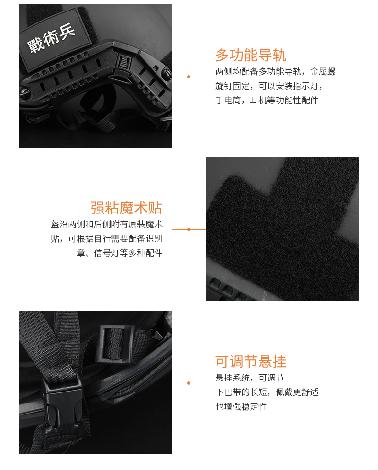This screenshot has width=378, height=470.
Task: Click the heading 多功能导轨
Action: point(251,55)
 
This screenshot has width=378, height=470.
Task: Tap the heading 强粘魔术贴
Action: point(126,208)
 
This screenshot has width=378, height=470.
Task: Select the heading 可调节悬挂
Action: point(251,361)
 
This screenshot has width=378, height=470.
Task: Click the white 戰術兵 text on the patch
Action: point(51,38)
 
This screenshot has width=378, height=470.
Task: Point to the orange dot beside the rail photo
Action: point(189,77)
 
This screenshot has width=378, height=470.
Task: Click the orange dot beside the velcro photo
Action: point(189,230)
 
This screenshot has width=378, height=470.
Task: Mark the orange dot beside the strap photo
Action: point(189,383)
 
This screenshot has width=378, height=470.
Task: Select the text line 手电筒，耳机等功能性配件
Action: point(267,100)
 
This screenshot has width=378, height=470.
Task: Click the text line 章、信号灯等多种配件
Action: point(119,253)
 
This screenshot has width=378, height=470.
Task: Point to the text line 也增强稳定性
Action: point(241,406)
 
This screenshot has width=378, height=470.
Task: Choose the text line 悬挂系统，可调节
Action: point(250,378)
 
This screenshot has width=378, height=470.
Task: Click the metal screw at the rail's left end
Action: point(23,92)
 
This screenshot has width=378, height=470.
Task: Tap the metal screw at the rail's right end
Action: point(167,73)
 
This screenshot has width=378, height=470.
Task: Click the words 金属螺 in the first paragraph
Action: point(322,72)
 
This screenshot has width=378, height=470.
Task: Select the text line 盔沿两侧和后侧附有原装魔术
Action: point(106,224)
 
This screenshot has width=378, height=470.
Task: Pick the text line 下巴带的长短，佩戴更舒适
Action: point(267,392)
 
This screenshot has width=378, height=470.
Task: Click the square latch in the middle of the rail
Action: point(124,61)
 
